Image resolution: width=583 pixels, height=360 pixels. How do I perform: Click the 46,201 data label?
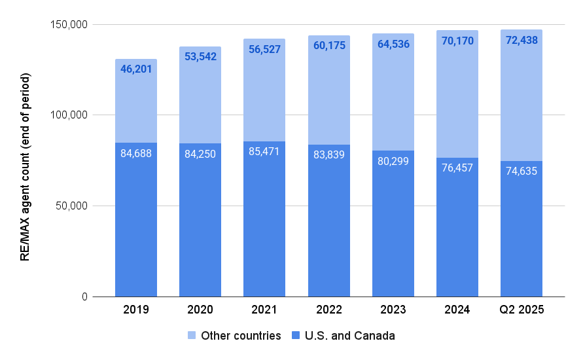point(136,68)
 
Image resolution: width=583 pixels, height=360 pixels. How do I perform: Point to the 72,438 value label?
point(521,41)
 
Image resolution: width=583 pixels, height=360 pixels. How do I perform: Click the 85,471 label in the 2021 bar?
point(264,152)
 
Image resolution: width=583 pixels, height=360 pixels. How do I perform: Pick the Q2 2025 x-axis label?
point(521,310)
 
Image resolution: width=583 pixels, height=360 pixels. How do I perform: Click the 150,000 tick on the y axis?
point(69,25)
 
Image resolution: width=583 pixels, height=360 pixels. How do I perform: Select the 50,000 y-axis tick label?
point(71,206)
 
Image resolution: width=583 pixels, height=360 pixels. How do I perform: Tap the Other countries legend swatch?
point(192,336)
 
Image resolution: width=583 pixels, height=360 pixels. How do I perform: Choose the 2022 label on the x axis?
point(328,310)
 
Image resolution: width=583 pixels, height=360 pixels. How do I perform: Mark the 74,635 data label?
point(521,171)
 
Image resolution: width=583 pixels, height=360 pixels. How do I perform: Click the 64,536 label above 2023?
point(393,45)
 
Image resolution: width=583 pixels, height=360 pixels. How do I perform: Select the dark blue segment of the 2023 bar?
point(393,229)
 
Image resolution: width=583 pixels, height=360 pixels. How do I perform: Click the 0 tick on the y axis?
point(84,297)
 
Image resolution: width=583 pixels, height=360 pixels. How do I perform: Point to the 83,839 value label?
point(328,155)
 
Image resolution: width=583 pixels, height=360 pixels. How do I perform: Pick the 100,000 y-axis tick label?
point(69,115)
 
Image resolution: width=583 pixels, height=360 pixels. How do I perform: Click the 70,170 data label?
point(457,41)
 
